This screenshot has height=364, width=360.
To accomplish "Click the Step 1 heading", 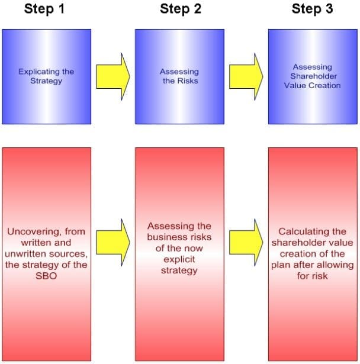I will [x=46, y=9].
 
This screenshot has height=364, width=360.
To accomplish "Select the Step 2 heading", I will [x=179, y=9].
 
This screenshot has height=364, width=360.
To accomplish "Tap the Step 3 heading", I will [x=311, y=9].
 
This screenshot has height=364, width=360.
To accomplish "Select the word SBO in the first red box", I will [x=46, y=276].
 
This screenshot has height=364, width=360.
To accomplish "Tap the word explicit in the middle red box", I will [x=179, y=259].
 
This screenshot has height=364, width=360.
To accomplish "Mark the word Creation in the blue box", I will [x=325, y=85].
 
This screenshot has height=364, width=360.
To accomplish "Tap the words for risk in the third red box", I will [x=312, y=276].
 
